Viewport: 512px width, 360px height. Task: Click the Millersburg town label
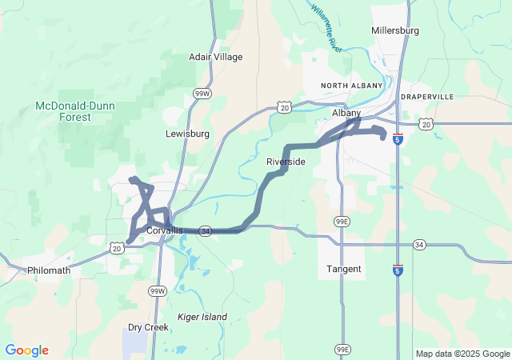coord(396,30)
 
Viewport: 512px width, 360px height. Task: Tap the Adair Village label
coord(215,57)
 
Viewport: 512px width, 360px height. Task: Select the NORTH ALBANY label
coord(348,85)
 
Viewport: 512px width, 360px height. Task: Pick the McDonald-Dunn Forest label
coord(69,111)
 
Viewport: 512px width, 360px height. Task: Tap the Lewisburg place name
coord(187,134)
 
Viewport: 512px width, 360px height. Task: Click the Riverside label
coord(286,162)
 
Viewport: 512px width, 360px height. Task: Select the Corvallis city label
coord(165,230)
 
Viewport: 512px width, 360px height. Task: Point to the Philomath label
coord(49,270)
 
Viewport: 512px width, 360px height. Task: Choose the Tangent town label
coord(344,269)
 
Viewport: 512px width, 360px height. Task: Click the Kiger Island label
coord(202,317)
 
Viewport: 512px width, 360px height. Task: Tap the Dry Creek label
coord(148,327)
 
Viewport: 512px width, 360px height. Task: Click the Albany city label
coord(346,114)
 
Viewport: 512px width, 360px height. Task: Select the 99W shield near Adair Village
coord(202,94)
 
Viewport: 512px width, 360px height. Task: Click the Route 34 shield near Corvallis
coord(206,230)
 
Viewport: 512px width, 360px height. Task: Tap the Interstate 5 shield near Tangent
coord(398,270)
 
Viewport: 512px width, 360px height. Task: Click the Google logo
coord(27,350)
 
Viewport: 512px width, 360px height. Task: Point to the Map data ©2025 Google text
coord(462,354)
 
